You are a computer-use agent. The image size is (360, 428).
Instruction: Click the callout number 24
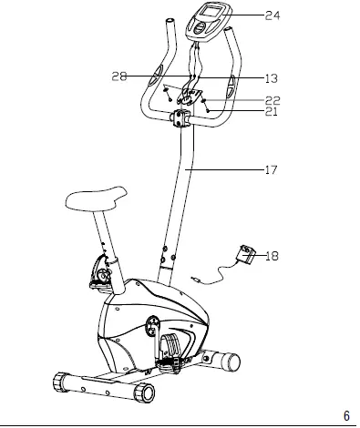coord(273,15)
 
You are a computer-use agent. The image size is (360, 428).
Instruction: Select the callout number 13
coord(272,79)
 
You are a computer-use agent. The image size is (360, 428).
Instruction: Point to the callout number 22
coord(273,100)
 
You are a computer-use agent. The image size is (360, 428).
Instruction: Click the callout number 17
coord(270,170)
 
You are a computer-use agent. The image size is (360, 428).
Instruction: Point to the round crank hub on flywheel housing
coord(151,324)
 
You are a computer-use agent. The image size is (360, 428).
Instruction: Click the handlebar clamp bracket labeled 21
coord(179,118)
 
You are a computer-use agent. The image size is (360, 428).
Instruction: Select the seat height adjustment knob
coord(98,274)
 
